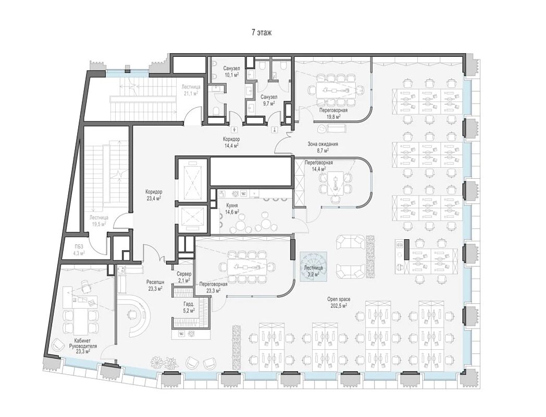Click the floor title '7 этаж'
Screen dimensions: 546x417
click(x=262, y=33)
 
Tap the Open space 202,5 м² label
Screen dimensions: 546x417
click(x=339, y=302)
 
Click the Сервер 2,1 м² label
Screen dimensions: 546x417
click(x=183, y=277)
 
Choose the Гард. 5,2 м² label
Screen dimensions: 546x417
click(x=189, y=306)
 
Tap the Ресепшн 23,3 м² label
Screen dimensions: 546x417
click(x=155, y=285)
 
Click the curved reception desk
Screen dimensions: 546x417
click(x=138, y=314)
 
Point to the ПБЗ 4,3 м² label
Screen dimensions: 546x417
click(x=79, y=250)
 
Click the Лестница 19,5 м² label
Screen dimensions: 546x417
click(x=98, y=220)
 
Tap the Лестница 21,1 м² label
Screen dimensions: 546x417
click(x=191, y=90)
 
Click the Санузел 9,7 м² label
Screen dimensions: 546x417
click(x=269, y=100)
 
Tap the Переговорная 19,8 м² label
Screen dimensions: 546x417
click(x=333, y=113)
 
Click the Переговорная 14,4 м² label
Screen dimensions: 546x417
click(x=319, y=165)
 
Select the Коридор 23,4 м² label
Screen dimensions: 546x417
click(x=154, y=195)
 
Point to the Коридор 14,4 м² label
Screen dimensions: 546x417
click(x=231, y=142)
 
